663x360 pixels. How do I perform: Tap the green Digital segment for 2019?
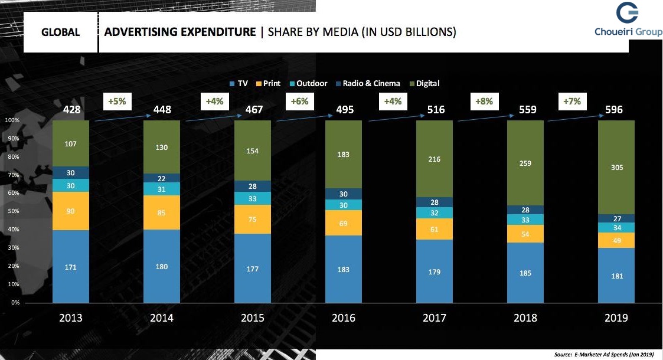pos(616,167)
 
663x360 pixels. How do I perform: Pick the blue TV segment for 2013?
pos(71,267)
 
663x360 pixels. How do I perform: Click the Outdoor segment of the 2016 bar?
pos(344,205)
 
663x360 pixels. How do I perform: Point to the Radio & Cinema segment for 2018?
pos(525,210)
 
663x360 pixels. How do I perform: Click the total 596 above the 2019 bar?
pos(616,110)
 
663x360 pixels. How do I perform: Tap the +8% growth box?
pos(484,102)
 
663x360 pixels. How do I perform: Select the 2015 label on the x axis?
pos(253,318)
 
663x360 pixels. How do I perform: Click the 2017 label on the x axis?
pos(435,318)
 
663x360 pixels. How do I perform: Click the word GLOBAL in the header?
pos(60,32)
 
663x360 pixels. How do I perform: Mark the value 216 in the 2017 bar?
pos(435,159)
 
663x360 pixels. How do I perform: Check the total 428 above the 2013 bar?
pos(72,110)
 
